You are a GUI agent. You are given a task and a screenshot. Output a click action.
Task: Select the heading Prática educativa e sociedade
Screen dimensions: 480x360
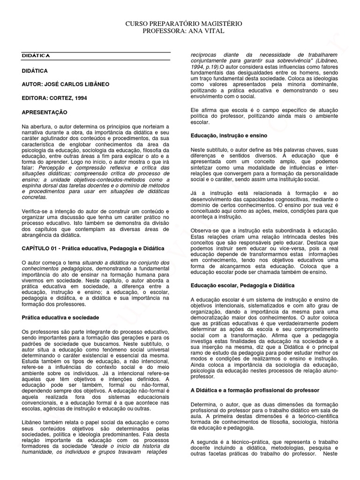click(60, 317)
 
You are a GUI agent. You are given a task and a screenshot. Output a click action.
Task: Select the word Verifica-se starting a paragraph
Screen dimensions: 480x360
click(36, 212)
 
